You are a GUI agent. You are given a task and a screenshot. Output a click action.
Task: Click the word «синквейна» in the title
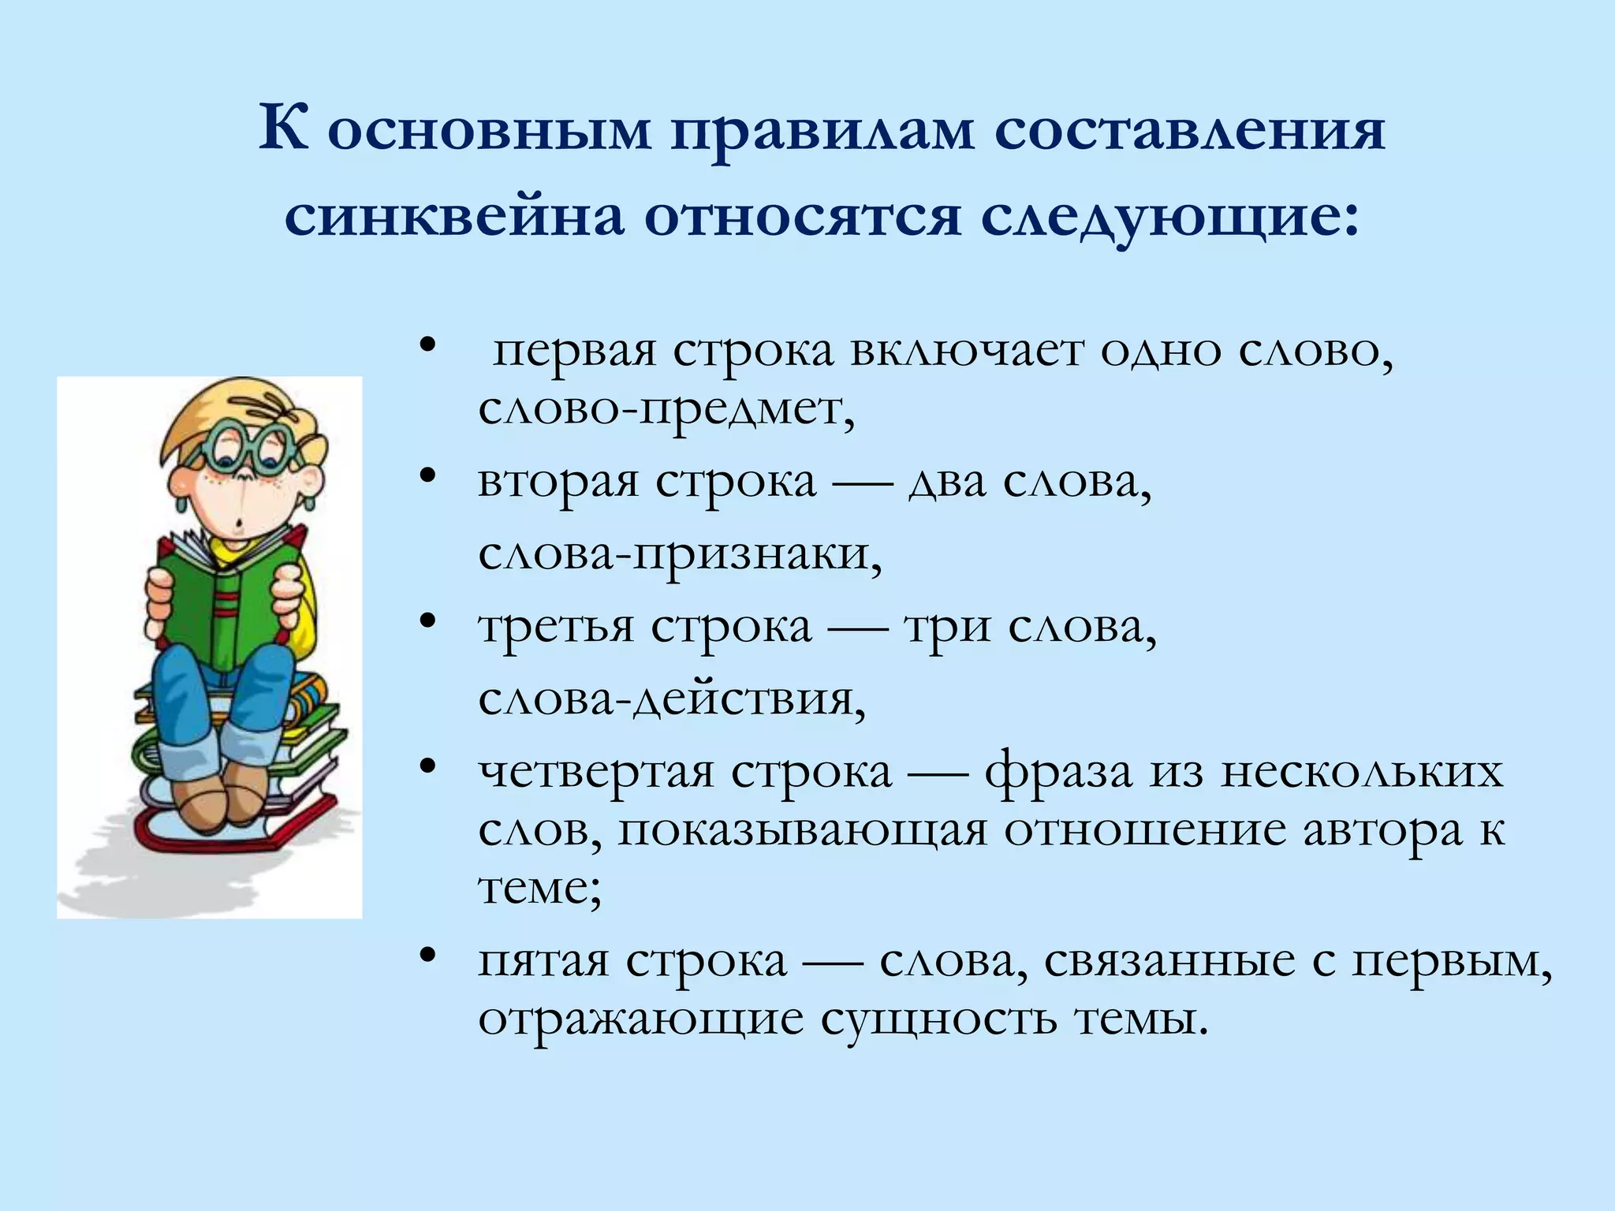coord(453,215)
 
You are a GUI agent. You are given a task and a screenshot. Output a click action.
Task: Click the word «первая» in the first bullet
coord(574,351)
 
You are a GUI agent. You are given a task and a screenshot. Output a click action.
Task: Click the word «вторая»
coord(558,482)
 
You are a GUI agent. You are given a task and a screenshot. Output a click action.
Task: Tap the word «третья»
coord(556,628)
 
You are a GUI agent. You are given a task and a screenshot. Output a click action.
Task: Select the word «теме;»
coord(540,889)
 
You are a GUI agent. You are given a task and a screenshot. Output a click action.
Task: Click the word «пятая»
coord(543,961)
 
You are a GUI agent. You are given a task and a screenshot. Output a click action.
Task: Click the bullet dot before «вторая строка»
coord(428,476)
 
